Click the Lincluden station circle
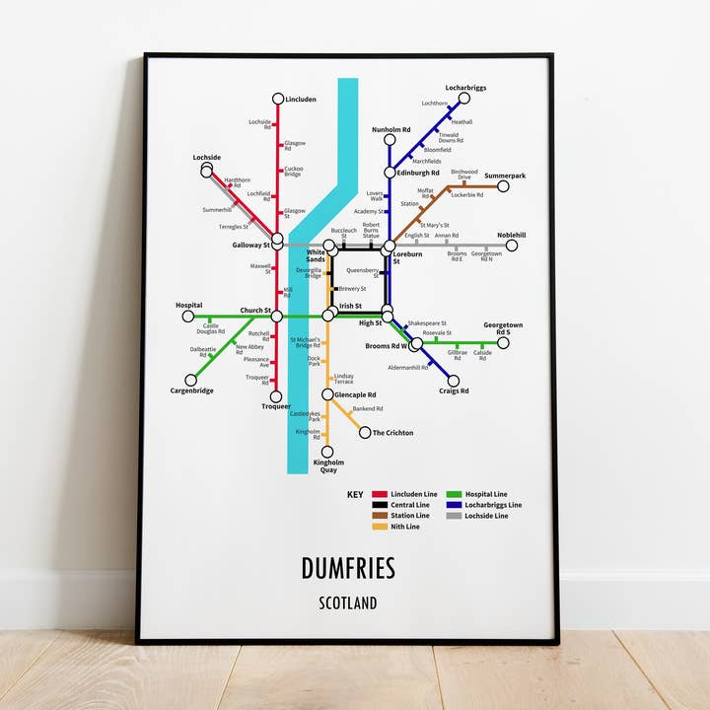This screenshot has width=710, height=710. pyautogui.click(x=277, y=100)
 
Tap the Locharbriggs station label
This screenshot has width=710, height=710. pyautogui.click(x=465, y=88)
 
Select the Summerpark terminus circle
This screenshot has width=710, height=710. pyautogui.click(x=503, y=185)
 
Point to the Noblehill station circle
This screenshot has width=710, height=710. pyautogui.click(x=512, y=246)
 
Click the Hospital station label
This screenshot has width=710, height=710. pyautogui.click(x=189, y=306)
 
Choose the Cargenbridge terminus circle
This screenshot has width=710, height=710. pyautogui.click(x=190, y=380)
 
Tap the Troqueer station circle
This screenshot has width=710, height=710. pyautogui.click(x=276, y=396)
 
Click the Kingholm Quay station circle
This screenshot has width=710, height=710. pyautogui.click(x=327, y=452)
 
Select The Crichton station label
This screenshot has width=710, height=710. pyautogui.click(x=393, y=433)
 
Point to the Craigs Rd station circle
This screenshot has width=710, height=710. pyautogui.click(x=454, y=381)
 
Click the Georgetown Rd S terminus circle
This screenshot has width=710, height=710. pyautogui.click(x=503, y=343)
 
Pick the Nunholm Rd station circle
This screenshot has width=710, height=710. pyautogui.click(x=390, y=140)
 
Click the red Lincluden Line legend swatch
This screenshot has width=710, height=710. pyautogui.click(x=380, y=494)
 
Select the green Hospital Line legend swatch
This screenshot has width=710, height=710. pyautogui.click(x=455, y=494)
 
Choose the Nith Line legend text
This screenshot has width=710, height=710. pyautogui.click(x=405, y=527)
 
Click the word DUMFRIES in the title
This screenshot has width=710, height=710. pyautogui.click(x=348, y=569)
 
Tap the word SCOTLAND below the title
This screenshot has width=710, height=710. pyautogui.click(x=347, y=603)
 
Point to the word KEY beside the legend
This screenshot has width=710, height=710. pyautogui.click(x=355, y=494)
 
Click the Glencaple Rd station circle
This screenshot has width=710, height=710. pyautogui.click(x=327, y=394)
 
